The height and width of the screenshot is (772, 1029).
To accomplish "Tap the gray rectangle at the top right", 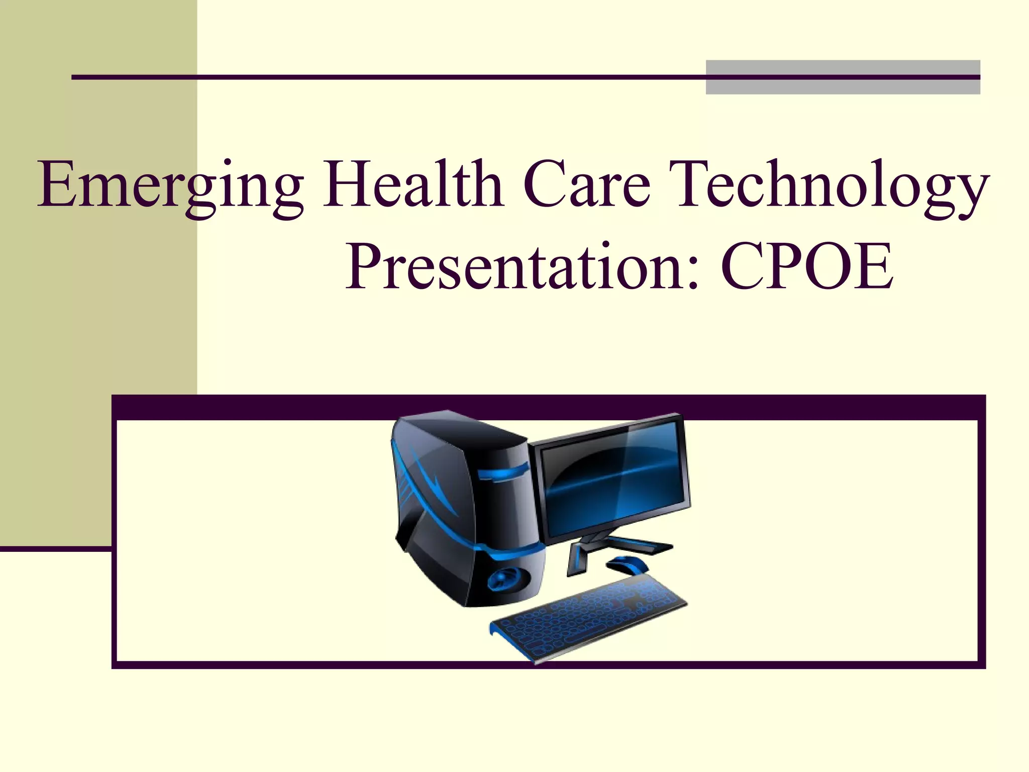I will (842, 77).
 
